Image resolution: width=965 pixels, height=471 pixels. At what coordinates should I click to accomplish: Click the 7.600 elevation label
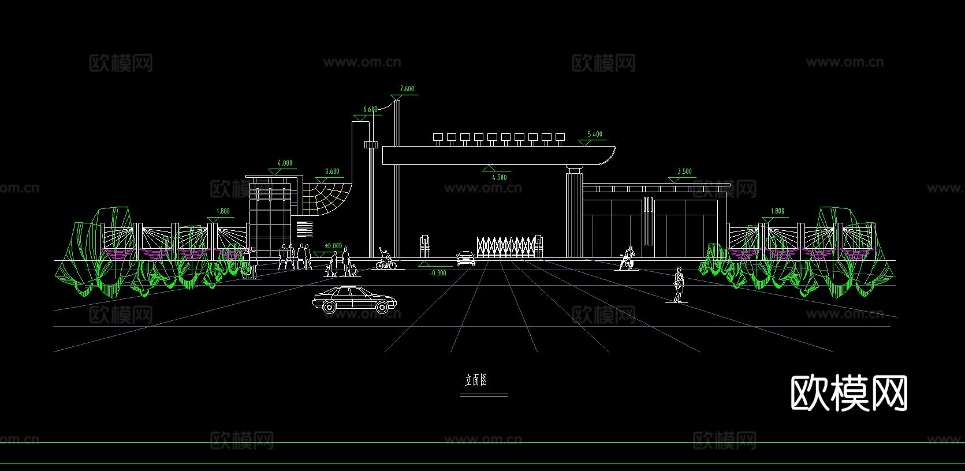407,89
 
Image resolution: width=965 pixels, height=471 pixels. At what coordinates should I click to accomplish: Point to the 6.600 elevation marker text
370,110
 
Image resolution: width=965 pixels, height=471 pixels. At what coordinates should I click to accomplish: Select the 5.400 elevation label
595,134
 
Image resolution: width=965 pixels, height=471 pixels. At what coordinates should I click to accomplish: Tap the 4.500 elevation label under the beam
500,177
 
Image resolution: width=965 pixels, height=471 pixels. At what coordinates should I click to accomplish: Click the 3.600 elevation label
332,171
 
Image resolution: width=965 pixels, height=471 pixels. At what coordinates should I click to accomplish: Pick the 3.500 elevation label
684,171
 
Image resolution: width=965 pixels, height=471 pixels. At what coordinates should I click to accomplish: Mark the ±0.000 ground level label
333,246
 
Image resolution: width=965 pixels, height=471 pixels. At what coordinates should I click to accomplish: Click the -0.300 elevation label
438,273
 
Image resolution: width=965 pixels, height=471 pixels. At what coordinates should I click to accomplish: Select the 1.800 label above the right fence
777,211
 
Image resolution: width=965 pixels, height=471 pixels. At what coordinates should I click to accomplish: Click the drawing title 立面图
476,380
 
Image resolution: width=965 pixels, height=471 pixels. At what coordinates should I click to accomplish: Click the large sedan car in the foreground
354,298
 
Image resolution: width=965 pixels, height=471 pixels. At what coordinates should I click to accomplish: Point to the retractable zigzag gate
507,246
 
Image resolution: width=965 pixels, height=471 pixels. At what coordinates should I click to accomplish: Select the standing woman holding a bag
679,285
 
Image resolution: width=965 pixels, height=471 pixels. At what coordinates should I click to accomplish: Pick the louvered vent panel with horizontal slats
304,229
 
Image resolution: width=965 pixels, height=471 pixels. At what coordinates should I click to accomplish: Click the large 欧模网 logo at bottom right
848,393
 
